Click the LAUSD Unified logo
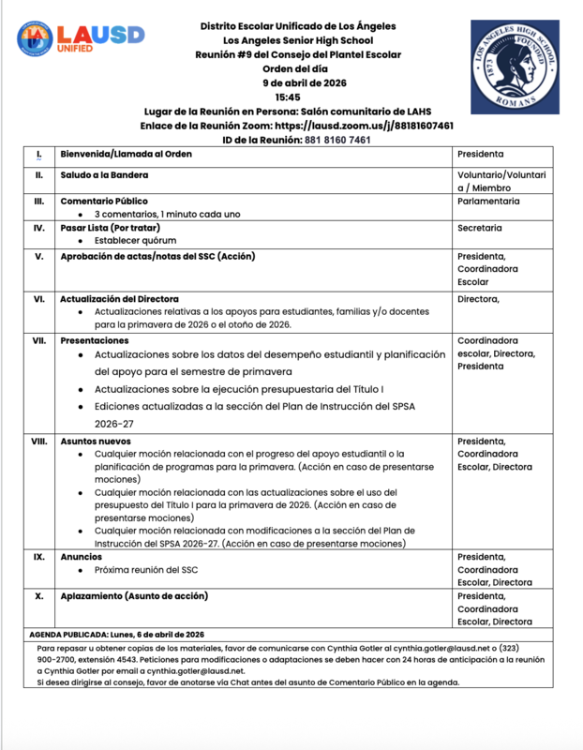point(81,38)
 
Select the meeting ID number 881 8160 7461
point(336,140)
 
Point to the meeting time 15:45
point(288,97)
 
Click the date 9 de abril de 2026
point(290,83)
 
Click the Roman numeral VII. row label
point(38,340)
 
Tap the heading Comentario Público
point(104,201)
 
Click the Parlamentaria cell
point(488,201)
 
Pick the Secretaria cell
point(479,228)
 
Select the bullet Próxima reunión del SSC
point(145,570)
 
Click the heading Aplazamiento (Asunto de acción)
point(134,595)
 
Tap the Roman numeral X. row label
point(38,595)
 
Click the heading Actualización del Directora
point(119,299)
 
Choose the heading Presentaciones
point(95,340)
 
